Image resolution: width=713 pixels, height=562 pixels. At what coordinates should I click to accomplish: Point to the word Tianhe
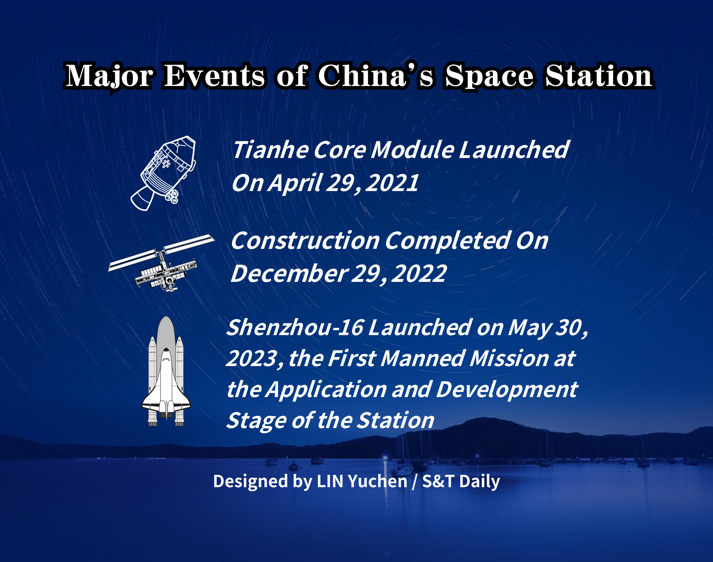pyautogui.click(x=270, y=150)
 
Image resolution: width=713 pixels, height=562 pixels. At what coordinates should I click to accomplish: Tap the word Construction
pyautogui.click(x=305, y=240)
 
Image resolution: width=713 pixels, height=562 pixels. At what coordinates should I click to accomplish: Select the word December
pyautogui.click(x=289, y=273)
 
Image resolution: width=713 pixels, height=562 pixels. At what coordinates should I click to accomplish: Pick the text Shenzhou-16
pyautogui.click(x=295, y=327)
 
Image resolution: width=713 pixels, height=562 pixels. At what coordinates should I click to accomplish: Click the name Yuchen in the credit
pyautogui.click(x=378, y=481)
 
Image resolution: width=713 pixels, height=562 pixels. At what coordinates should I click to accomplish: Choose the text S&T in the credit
pyautogui.click(x=438, y=481)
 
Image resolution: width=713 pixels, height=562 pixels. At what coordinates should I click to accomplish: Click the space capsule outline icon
pyautogui.click(x=163, y=173)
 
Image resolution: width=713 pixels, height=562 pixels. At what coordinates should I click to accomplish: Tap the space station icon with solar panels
pyautogui.click(x=161, y=263)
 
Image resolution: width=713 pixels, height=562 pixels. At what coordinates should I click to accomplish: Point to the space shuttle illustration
pyautogui.click(x=166, y=371)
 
